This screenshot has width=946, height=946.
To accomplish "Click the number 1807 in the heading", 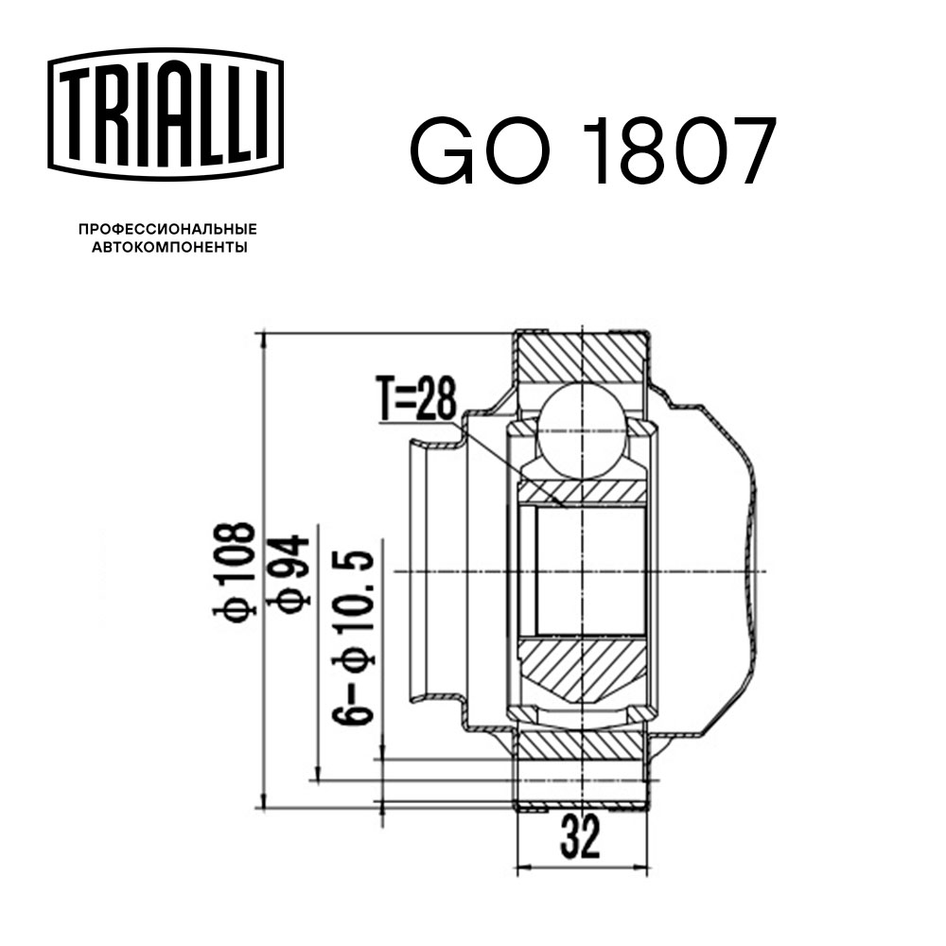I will [682, 153].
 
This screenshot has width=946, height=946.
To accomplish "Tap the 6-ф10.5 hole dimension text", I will [355, 636].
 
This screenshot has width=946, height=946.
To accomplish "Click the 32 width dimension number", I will [581, 838].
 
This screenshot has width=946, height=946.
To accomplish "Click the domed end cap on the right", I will [728, 568].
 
